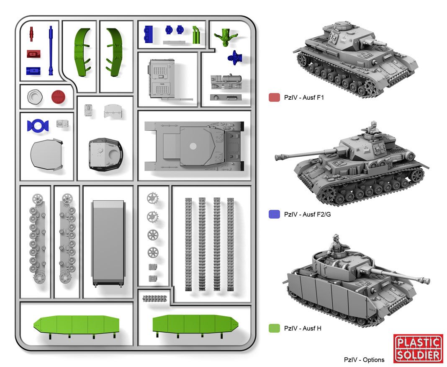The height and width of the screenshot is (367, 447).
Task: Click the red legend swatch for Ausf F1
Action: tap(274, 98)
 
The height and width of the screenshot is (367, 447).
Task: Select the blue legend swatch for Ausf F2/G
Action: tap(274, 214)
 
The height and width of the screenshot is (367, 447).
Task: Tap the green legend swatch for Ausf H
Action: tap(274, 328)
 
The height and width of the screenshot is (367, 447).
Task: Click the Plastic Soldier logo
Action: tap(418, 348)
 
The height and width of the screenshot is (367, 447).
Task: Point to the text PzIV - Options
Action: tap(364, 359)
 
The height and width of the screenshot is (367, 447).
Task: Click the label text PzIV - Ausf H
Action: tap(302, 328)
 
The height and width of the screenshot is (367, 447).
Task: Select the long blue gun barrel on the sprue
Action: tap(51, 50)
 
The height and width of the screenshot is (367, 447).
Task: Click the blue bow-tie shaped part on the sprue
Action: tap(38, 125)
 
